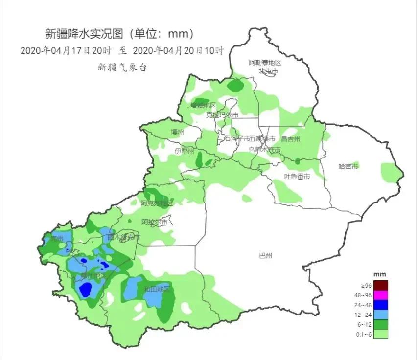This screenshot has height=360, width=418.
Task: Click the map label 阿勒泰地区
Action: (265, 63)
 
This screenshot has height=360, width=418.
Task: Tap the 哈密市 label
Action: (348, 167)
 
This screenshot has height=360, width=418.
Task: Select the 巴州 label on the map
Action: (266, 255)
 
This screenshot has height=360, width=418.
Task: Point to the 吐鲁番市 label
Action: (297, 176)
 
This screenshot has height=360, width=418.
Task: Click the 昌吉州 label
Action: (291, 139)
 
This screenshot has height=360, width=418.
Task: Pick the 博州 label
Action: (177, 132)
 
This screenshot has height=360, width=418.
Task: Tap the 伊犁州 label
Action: (185, 151)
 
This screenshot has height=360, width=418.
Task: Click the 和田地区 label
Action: (157, 289)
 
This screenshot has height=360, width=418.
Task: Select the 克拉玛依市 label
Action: (222, 115)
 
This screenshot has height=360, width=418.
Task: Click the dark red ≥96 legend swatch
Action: (381, 285)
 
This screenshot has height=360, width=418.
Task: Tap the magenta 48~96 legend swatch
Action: (381, 295)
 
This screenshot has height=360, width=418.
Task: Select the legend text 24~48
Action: (366, 305)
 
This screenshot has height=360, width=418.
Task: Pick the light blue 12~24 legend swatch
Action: (381, 315)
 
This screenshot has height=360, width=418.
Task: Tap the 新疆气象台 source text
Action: (122, 67)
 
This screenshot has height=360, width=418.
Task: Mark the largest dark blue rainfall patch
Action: (86, 290)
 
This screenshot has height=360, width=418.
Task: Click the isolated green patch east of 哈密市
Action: (390, 171)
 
